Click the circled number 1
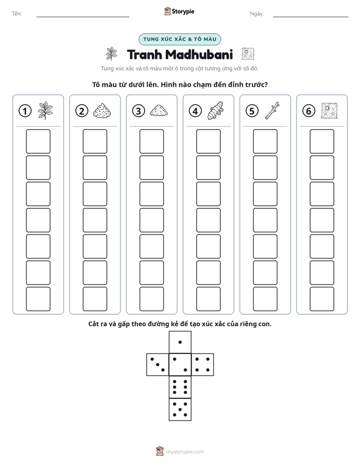[25, 111]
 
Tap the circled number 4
[195, 111]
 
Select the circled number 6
[309, 111]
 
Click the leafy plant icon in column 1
[45, 110]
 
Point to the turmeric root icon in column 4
[215, 110]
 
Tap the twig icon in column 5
[272, 110]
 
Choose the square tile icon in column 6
[329, 110]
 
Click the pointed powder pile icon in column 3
[159, 110]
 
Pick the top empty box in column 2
[95, 141]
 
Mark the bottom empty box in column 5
[265, 299]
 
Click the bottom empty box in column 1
[38, 299]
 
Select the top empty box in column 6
[322, 141]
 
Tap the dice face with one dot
[180, 342]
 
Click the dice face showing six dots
[180, 387]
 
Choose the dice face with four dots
[203, 365]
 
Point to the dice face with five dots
[180, 410]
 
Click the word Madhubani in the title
[199, 54]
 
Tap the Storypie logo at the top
[179, 11]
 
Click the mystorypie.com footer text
[185, 452]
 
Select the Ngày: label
[257, 14]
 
